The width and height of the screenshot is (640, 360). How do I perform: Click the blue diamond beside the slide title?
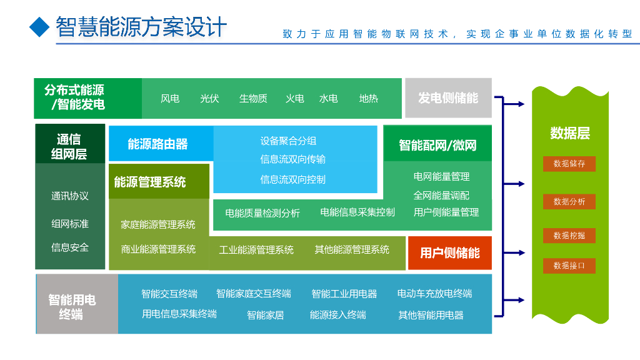pyautogui.click(x=39, y=26)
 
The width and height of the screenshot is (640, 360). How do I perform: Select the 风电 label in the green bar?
pyautogui.click(x=170, y=99)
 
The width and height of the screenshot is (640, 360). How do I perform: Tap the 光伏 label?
pyautogui.click(x=209, y=99)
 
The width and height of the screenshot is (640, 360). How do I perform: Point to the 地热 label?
pyautogui.click(x=369, y=99)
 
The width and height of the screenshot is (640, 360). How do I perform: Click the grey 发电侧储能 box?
pyautogui.click(x=448, y=98)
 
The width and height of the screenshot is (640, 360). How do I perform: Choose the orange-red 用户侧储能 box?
pyautogui.click(x=449, y=253)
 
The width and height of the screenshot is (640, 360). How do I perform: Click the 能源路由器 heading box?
pyautogui.click(x=158, y=144)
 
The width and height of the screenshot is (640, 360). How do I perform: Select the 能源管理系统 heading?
pyautogui.click(x=150, y=182)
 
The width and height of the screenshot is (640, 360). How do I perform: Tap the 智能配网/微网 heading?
pyautogui.click(x=437, y=146)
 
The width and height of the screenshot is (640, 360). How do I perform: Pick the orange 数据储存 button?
pyautogui.click(x=569, y=164)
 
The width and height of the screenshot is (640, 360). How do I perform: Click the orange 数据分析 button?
pyautogui.click(x=569, y=201)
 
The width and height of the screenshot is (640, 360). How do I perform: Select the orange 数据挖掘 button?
pyautogui.click(x=569, y=236)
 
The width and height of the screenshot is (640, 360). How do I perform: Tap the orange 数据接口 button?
pyautogui.click(x=569, y=266)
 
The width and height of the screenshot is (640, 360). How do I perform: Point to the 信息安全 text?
pyautogui.click(x=70, y=247)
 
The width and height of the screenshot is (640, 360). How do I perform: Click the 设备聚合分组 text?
pyautogui.click(x=288, y=141)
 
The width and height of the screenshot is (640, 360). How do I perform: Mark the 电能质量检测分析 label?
pyautogui.click(x=262, y=213)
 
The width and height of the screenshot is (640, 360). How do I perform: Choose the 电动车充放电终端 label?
pyautogui.click(x=434, y=294)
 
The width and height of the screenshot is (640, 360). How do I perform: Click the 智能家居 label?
pyautogui.click(x=265, y=315)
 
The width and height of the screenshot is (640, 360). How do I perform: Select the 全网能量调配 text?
pyautogui.click(x=441, y=195)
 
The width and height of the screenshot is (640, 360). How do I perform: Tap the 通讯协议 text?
pyautogui.click(x=70, y=196)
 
